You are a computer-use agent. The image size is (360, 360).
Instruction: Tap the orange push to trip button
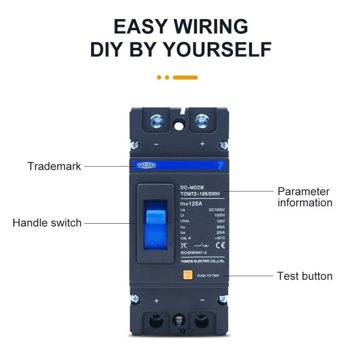tap(188, 275)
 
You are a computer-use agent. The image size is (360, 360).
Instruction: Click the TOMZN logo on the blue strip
tap(147, 166)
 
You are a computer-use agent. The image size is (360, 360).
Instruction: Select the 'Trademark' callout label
tap(54, 166)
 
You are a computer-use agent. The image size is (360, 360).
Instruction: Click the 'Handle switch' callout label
tap(47, 223)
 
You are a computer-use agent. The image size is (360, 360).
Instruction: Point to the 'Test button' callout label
tap(304, 276)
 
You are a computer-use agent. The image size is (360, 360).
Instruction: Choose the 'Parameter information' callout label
tap(305, 197)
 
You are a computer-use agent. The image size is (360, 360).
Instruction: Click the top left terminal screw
tap(156, 121)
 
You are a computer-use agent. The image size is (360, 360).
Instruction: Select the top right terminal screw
tap(202, 121)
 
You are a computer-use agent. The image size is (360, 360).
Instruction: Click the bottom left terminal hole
tap(156, 322)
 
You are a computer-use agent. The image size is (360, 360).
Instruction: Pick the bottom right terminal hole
tap(202, 322)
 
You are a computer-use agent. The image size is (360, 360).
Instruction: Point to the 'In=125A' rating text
tap(191, 204)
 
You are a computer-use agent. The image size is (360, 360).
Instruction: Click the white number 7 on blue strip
tap(221, 166)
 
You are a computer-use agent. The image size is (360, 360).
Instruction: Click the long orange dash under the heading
tap(185, 78)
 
